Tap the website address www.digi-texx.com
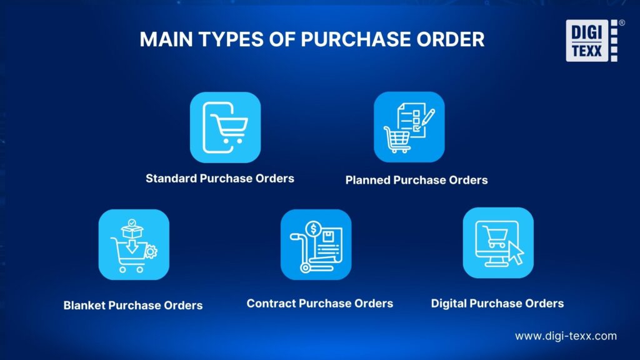tap(566, 336)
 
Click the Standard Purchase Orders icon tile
tap(225, 127)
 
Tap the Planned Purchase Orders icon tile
tap(409, 127)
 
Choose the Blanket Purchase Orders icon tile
tap(134, 244)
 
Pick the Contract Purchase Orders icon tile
tap(316, 244)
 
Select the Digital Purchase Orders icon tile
tap(498, 242)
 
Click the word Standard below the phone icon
tap(171, 179)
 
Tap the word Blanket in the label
tap(84, 306)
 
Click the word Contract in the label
tap(271, 304)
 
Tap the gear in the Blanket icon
tap(151, 252)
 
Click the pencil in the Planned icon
tap(426, 117)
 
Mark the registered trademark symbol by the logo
tap(621, 23)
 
